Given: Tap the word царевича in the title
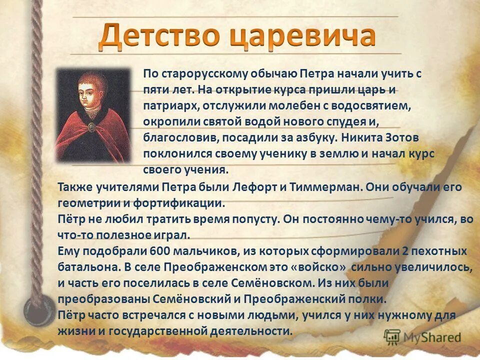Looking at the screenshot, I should pos(297,36).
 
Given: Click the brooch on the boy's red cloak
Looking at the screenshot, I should pos(91,127).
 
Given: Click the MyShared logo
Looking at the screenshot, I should pos(422,337).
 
